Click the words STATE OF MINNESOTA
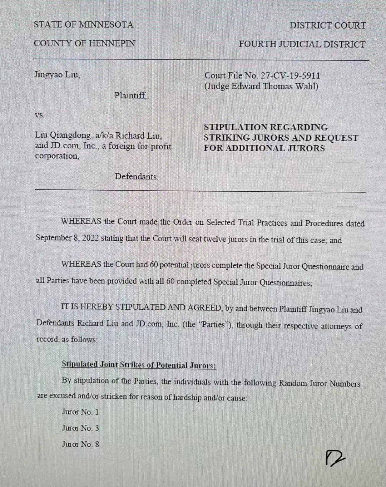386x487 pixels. (83, 25)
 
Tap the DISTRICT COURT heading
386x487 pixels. (327, 25)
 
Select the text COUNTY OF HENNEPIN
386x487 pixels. (84, 44)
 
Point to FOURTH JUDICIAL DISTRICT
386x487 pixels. (302, 44)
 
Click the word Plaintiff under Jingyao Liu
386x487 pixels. (130, 95)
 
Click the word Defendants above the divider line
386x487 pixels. (136, 176)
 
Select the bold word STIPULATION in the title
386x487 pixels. (234, 127)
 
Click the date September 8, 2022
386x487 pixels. (66, 238)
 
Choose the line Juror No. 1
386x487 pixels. (80, 412)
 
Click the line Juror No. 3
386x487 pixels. (80, 428)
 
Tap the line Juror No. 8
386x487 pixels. (80, 444)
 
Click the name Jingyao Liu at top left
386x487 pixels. (57, 75)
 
